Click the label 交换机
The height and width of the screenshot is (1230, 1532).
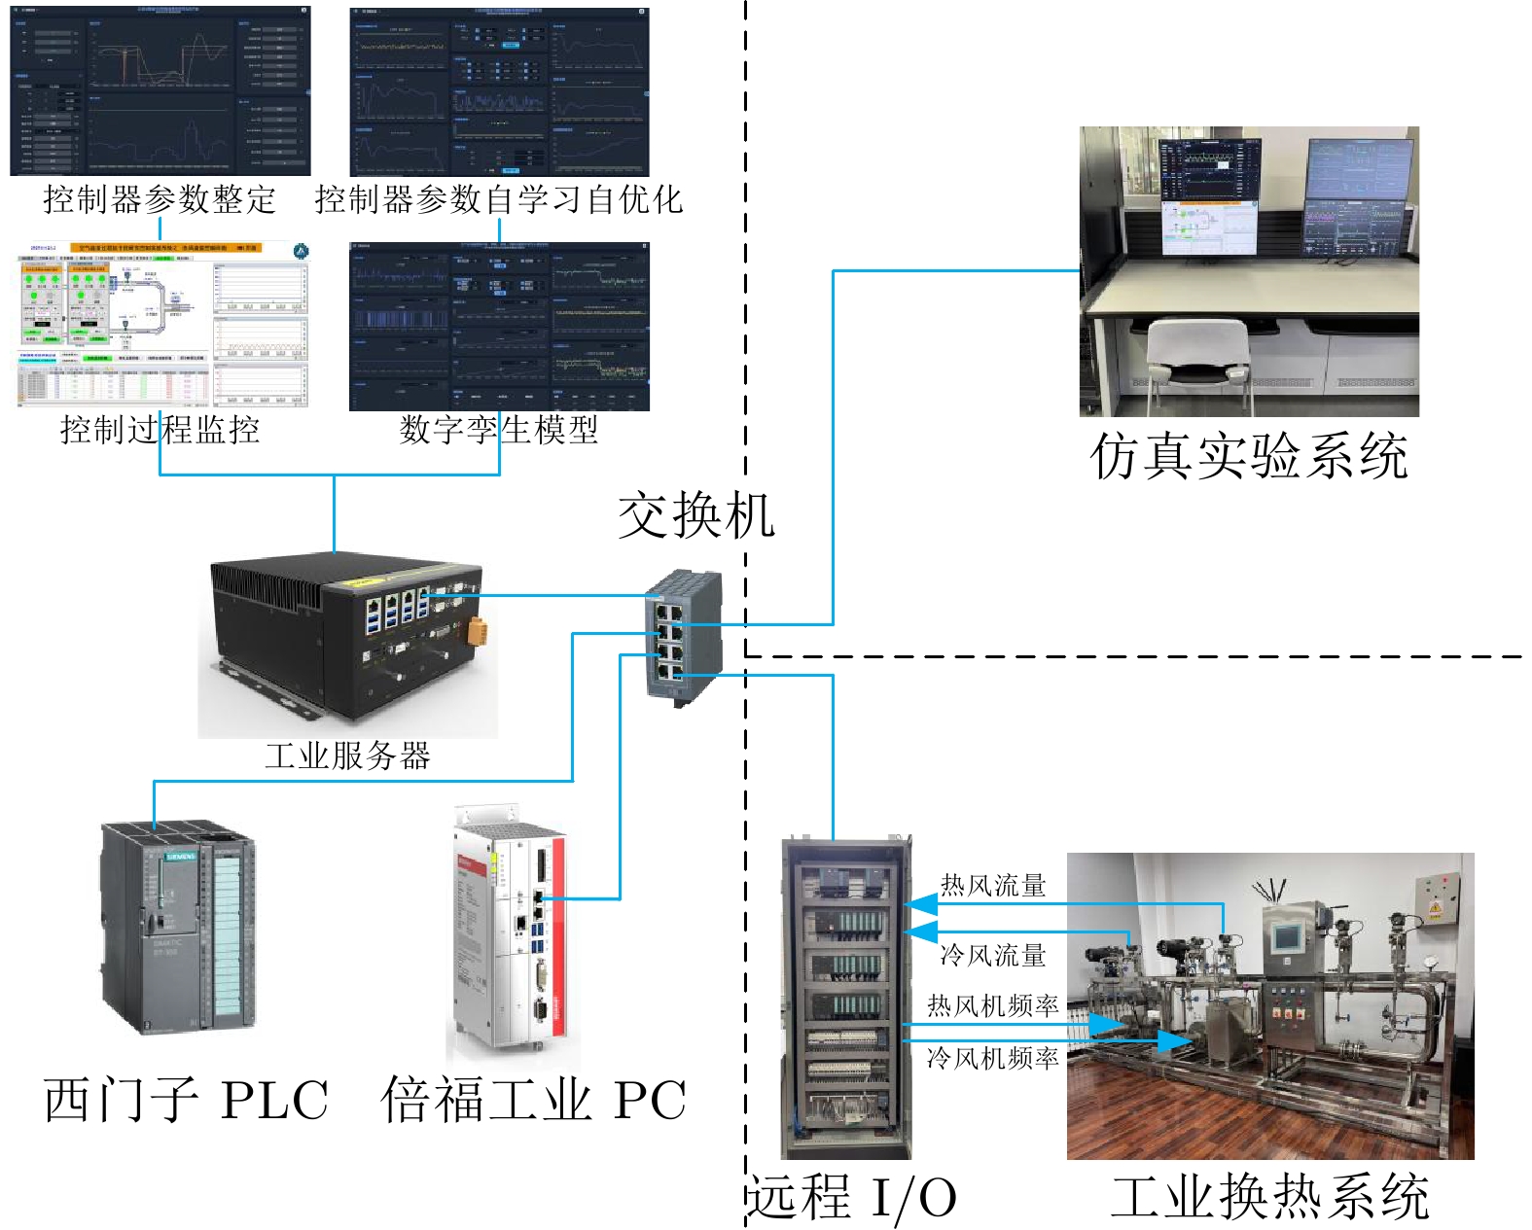pyautogui.click(x=696, y=515)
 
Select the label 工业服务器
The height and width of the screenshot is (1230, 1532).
pyautogui.click(x=347, y=756)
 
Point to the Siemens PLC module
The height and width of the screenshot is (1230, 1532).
pyautogui.click(x=179, y=928)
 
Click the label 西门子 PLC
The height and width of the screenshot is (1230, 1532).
pyautogui.click(x=186, y=1101)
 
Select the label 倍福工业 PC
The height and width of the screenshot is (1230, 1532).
pyautogui.click(x=533, y=1101)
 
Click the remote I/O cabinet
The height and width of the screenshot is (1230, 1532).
pyautogui.click(x=845, y=997)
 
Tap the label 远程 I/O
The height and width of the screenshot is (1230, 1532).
pyautogui.click(x=852, y=1198)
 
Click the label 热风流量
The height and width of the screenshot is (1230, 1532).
pyautogui.click(x=992, y=886)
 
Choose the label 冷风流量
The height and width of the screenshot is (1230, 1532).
pyautogui.click(x=992, y=956)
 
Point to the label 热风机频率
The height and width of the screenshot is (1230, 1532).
pyautogui.click(x=992, y=1006)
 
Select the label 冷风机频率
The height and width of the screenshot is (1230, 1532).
pyautogui.click(x=992, y=1058)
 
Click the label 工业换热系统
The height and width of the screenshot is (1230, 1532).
pyautogui.click(x=1269, y=1198)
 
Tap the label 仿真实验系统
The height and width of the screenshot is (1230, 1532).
pyautogui.click(x=1249, y=456)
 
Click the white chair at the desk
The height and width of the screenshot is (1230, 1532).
pyautogui.click(x=1196, y=360)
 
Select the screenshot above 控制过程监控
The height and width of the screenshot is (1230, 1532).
pyautogui.click(x=160, y=325)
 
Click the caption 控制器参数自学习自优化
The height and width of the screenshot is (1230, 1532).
pyautogui.click(x=498, y=200)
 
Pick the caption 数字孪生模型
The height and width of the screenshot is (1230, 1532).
pyautogui.click(x=498, y=430)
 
